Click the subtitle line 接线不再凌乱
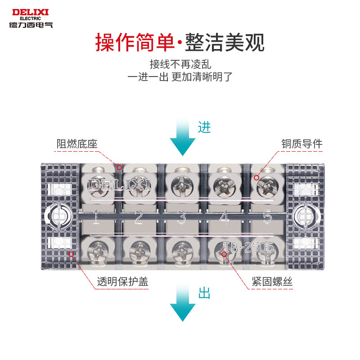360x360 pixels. pos(180,64)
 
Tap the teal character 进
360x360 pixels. pos(204,128)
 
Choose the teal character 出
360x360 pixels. pos(204,294)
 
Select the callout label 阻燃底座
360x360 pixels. pos(77,144)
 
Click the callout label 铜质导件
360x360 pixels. pos(302,144)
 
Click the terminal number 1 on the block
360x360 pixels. pos(96,218)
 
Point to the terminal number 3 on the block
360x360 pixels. pos(182,218)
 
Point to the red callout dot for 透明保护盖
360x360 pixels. pos(71,254)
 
